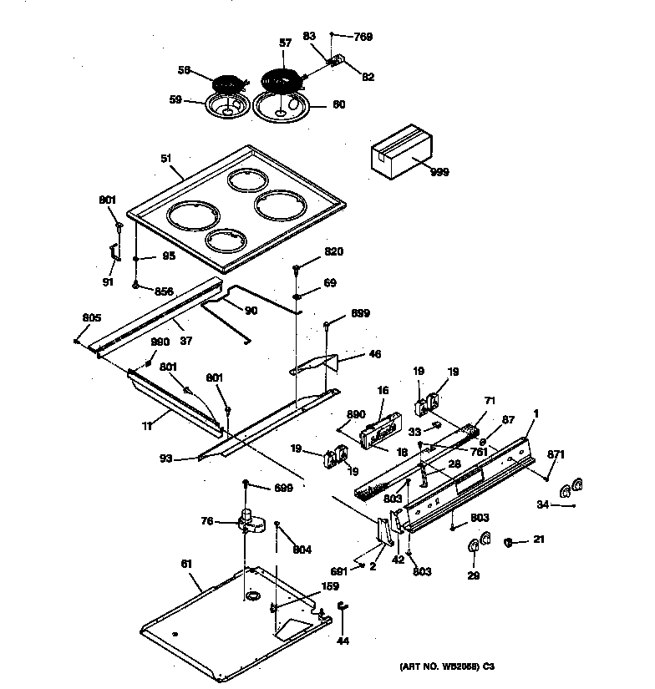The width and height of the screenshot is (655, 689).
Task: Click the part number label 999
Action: pyautogui.click(x=439, y=172)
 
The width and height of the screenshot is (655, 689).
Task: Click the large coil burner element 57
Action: pyautogui.click(x=283, y=79)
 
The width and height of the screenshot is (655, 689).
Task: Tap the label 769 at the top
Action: pyautogui.click(x=362, y=37)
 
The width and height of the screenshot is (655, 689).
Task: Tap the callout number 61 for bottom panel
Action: pyautogui.click(x=186, y=565)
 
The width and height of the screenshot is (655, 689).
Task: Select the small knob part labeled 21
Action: pyautogui.click(x=508, y=542)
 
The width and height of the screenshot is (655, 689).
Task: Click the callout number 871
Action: pyautogui.click(x=556, y=454)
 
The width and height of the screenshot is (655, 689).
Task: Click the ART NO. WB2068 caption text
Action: pyautogui.click(x=446, y=666)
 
